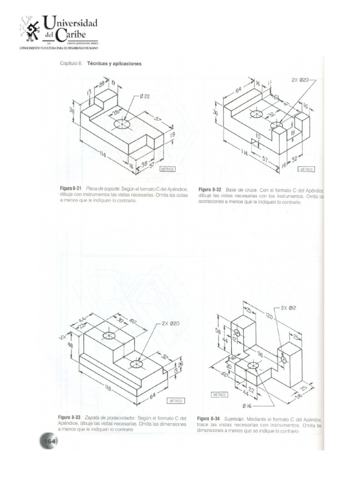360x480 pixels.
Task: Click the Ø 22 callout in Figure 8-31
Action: [145, 97]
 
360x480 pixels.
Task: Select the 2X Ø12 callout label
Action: [289, 308]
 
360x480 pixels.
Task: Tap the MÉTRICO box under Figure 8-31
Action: [167, 169]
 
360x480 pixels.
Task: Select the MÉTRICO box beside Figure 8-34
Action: [219, 395]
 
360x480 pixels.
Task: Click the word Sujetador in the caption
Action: [237, 418]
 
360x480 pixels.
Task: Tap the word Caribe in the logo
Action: [77, 35]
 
